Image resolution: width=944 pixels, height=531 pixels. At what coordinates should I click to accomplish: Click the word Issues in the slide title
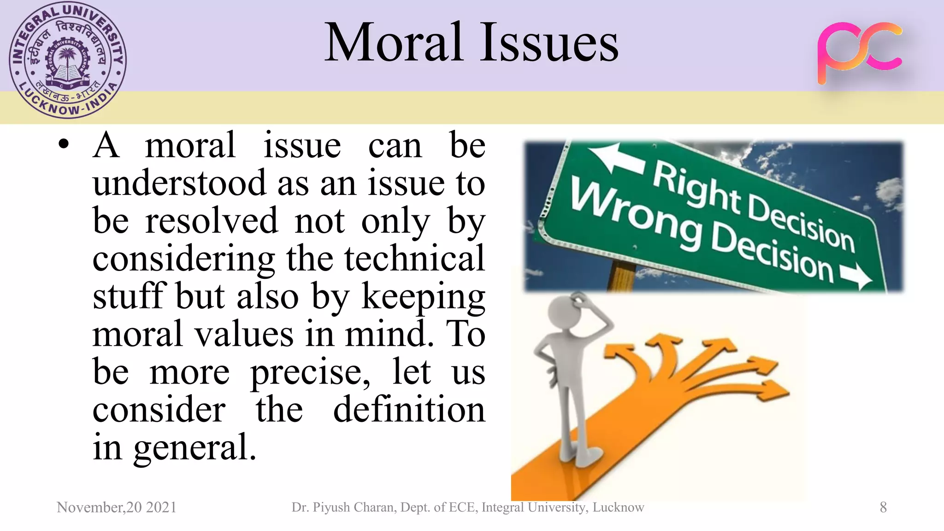pyautogui.click(x=549, y=42)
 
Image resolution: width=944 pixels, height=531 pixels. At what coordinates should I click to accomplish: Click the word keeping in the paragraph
pyautogui.click(x=423, y=297)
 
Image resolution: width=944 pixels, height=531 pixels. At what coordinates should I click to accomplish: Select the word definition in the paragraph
pyautogui.click(x=409, y=409)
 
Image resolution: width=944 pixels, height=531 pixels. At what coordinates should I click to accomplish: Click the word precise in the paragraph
pyautogui.click(x=310, y=372)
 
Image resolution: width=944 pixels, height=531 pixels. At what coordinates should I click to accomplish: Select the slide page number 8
pyautogui.click(x=883, y=507)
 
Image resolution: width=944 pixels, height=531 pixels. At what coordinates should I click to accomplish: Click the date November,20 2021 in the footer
pyautogui.click(x=117, y=507)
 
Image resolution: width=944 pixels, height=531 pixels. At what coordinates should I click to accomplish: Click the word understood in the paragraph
pyautogui.click(x=179, y=183)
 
